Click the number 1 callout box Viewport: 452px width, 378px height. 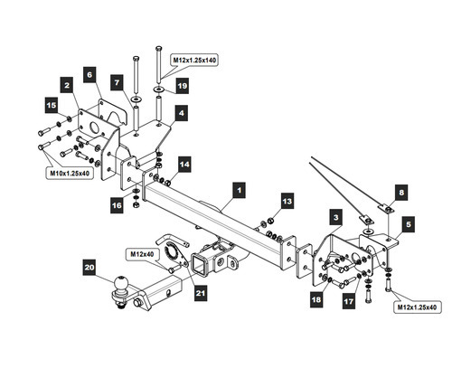(x=239, y=190)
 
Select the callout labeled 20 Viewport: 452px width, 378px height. (x=89, y=268)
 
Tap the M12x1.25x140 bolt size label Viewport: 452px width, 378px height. (x=194, y=61)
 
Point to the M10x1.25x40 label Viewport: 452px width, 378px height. (x=70, y=174)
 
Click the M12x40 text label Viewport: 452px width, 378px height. (x=142, y=254)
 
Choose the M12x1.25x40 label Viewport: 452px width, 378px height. (x=417, y=307)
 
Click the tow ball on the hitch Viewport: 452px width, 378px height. (x=121, y=284)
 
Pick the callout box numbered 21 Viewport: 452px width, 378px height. (x=201, y=293)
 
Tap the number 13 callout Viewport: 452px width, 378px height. (x=287, y=201)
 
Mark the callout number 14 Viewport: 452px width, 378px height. (x=184, y=165)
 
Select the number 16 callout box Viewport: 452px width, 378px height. (x=117, y=205)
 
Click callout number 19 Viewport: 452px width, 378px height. (x=183, y=86)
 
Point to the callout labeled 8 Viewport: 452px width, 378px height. (x=401, y=193)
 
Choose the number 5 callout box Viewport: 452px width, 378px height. (x=409, y=224)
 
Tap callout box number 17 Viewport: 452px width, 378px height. (x=349, y=301)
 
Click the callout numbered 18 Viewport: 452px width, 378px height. (x=316, y=299)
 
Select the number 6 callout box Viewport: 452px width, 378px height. (x=89, y=74)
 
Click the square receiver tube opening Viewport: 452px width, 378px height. (x=199, y=264)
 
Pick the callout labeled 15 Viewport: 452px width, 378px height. (x=52, y=105)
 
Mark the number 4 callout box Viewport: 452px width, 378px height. (x=182, y=113)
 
